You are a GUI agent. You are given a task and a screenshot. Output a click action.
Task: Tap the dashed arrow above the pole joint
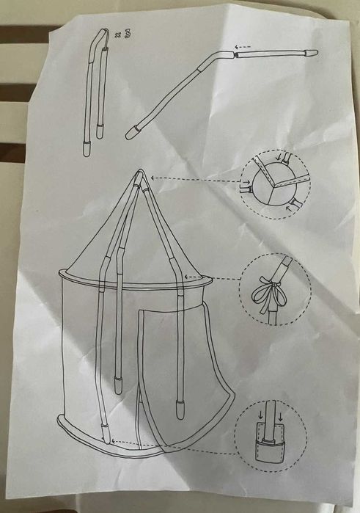pyautogui.click(x=243, y=47)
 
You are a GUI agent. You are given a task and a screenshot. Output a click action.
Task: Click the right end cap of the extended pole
pyautogui.click(x=311, y=53)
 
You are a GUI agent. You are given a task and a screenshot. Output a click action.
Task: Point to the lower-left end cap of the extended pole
pyautogui.click(x=131, y=134)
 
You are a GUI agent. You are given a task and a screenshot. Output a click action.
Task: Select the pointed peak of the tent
pyautogui.click(x=140, y=175)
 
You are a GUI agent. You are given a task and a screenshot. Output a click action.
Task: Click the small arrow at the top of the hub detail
pyautogui.click(x=281, y=156)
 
